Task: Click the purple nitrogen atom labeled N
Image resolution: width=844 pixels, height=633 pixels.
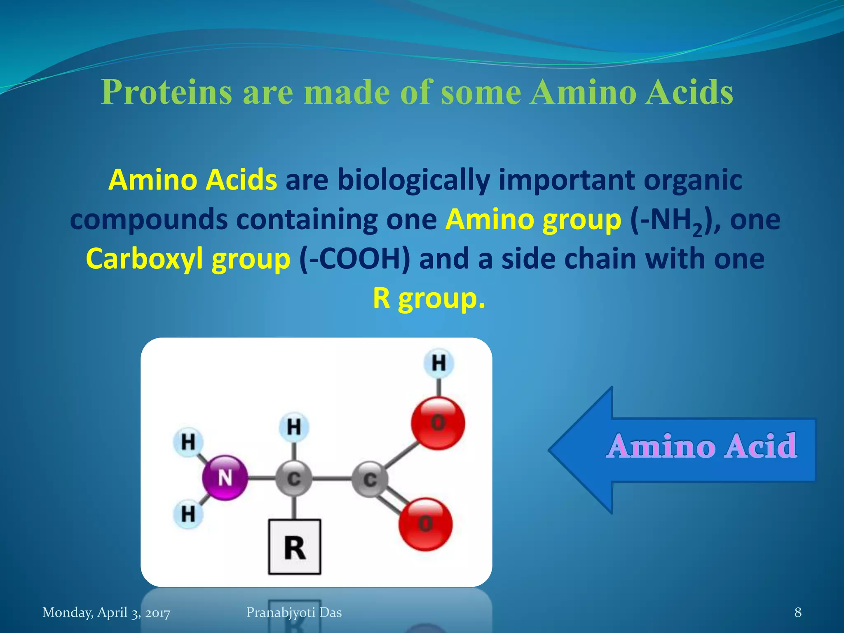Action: point(225,478)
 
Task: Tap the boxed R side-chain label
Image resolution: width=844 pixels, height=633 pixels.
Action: point(294,547)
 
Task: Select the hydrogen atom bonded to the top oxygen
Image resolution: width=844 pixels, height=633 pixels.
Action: point(438,363)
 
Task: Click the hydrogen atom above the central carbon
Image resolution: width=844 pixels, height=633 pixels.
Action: point(293,427)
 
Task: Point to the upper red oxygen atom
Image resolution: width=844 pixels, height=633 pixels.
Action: point(438,423)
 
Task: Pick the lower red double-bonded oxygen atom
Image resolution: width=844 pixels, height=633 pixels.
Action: point(425,524)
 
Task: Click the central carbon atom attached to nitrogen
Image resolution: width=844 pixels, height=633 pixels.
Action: point(293,478)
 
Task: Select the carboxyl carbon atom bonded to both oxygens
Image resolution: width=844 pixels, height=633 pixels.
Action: point(370,479)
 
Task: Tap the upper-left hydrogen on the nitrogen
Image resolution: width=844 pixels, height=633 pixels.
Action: point(188,442)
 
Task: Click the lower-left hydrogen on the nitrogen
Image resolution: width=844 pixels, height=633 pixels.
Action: point(188,514)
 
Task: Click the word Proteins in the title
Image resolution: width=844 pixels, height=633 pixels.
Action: point(166,92)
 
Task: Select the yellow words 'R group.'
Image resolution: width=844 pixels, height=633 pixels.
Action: point(429,298)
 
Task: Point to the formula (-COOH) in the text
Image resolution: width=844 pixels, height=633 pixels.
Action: point(355,259)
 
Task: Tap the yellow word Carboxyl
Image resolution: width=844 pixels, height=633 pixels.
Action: point(144,259)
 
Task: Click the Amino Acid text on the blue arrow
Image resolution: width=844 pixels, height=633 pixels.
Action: point(702,446)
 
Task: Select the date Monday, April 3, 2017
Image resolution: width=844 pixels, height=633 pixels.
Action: point(106,612)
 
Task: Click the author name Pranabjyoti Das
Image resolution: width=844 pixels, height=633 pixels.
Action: point(294,612)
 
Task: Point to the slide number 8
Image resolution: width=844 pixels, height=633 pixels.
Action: point(798,612)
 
